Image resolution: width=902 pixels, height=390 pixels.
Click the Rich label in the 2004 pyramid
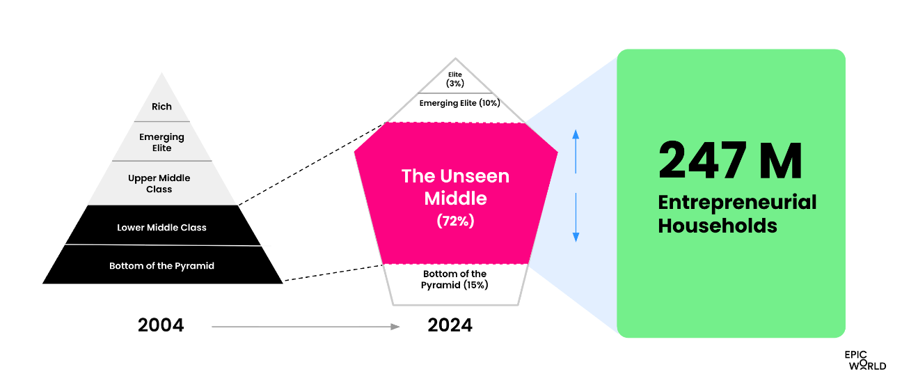click(x=161, y=107)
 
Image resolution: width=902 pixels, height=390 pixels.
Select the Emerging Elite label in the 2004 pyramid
click(x=161, y=142)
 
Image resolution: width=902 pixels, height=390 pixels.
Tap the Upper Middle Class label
click(x=159, y=183)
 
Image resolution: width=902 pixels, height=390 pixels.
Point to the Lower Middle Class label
click(x=161, y=227)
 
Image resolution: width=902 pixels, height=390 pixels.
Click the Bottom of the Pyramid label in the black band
click(x=161, y=266)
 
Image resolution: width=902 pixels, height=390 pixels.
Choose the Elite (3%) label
click(x=455, y=79)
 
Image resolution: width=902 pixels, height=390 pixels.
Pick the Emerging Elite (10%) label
click(x=459, y=103)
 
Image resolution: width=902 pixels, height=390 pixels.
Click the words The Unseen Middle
click(x=455, y=187)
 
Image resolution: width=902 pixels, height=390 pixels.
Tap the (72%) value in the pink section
click(x=455, y=221)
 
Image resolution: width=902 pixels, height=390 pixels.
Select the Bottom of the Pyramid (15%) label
click(x=454, y=279)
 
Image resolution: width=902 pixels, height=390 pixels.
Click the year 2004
click(x=161, y=325)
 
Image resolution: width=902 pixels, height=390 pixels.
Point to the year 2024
click(x=450, y=325)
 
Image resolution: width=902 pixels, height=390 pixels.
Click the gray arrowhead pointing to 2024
click(x=395, y=327)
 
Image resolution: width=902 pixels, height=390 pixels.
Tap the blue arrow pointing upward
click(x=576, y=152)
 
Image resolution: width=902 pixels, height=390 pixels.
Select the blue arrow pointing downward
click(x=576, y=217)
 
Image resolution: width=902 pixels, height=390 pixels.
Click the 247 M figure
click(x=730, y=160)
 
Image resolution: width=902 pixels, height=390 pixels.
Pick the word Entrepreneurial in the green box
click(x=737, y=203)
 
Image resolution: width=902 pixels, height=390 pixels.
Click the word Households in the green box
click(x=718, y=226)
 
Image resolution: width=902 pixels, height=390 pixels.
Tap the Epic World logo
click(x=865, y=360)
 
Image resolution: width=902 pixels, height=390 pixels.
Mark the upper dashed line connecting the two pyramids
click(x=312, y=164)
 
